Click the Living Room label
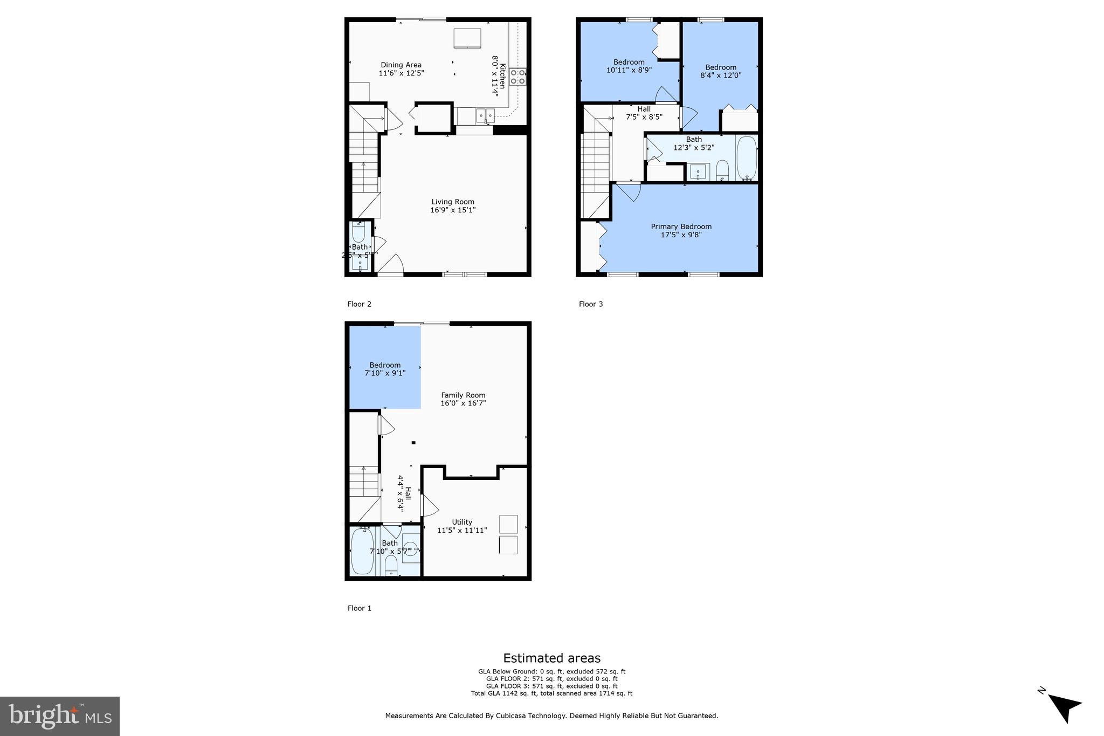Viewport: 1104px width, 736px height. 453,202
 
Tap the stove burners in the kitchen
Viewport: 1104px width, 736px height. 517,77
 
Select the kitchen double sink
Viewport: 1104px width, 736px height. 485,115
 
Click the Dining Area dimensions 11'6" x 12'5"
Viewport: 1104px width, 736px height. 401,73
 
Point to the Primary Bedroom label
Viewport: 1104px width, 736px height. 681,226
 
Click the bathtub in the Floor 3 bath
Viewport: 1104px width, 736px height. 747,158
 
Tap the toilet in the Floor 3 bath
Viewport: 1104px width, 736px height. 722,170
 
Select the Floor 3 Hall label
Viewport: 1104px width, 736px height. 644,109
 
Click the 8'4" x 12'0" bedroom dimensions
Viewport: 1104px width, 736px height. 721,75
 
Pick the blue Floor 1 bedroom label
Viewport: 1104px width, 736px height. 385,365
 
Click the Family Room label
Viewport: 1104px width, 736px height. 463,395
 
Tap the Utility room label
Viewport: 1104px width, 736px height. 462,522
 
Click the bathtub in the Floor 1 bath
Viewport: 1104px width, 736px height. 362,552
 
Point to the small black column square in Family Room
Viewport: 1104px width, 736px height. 413,443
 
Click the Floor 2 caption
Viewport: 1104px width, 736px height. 359,304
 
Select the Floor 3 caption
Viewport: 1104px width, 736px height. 591,304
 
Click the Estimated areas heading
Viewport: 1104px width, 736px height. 551,658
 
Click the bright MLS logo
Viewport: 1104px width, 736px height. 60,716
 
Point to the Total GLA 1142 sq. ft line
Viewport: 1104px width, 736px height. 551,693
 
